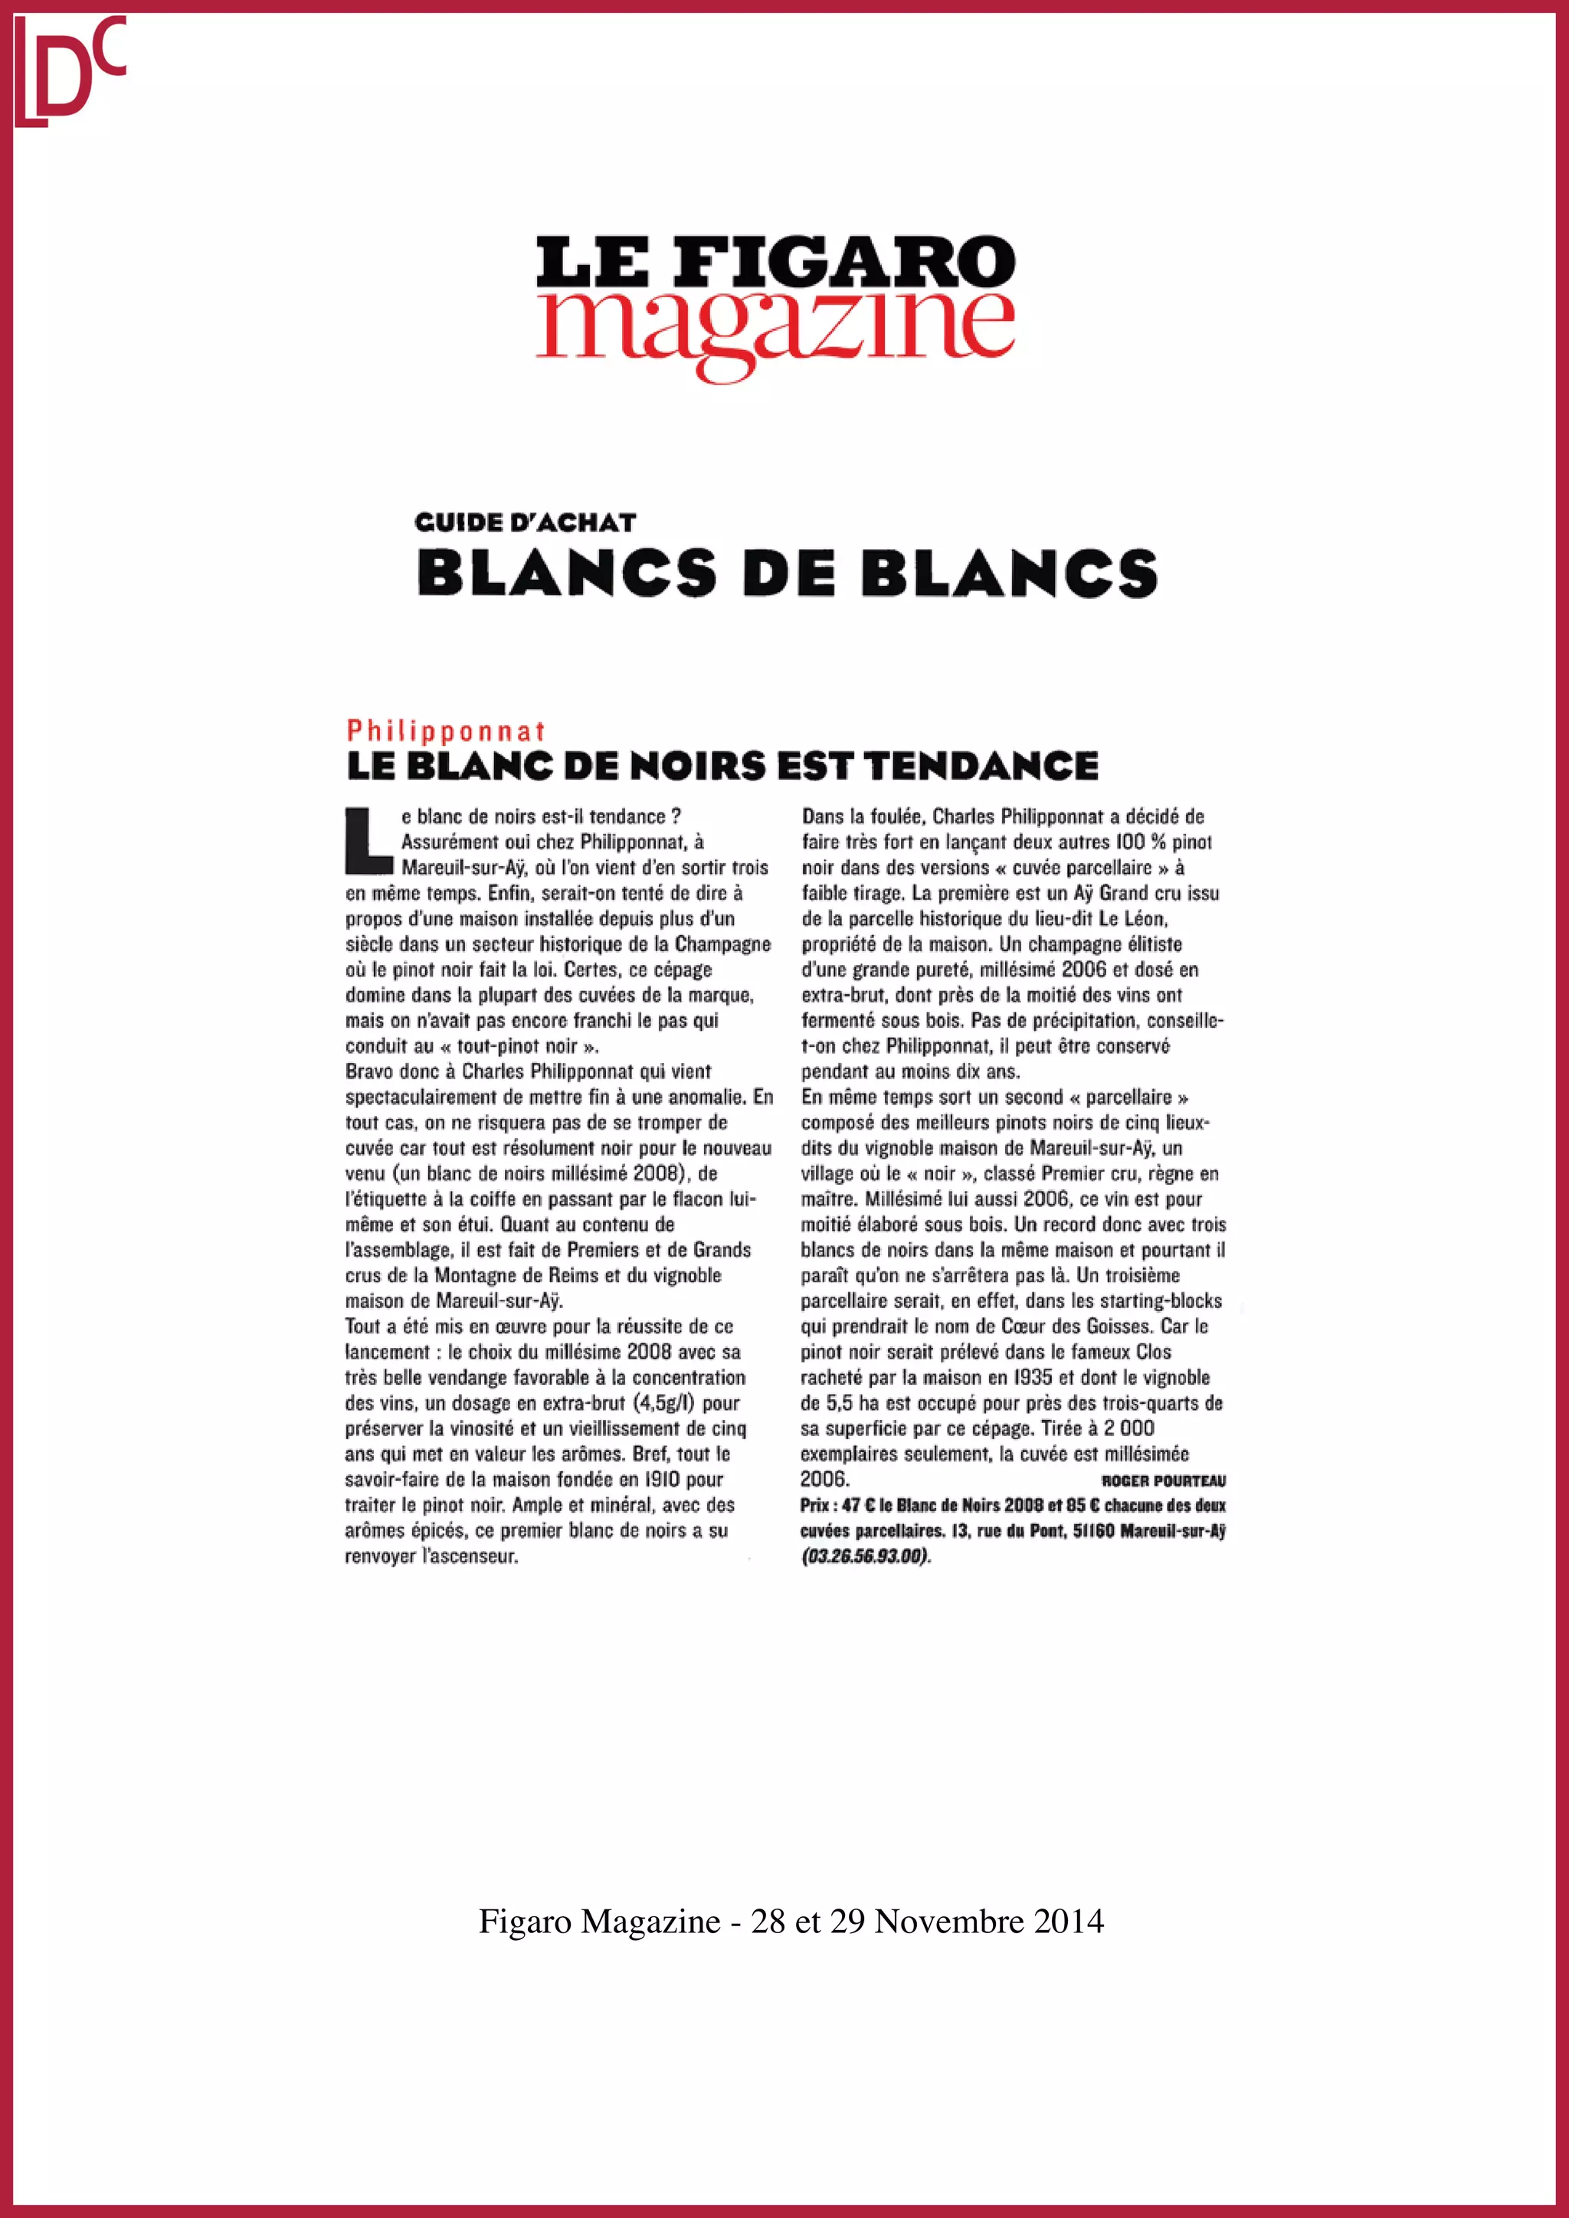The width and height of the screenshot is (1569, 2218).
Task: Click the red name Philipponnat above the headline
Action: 447,731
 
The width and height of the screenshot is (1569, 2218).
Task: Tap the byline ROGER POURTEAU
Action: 1163,1480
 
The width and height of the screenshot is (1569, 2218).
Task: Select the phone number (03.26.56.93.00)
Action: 866,1556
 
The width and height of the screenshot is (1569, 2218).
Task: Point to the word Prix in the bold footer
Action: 817,1505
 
